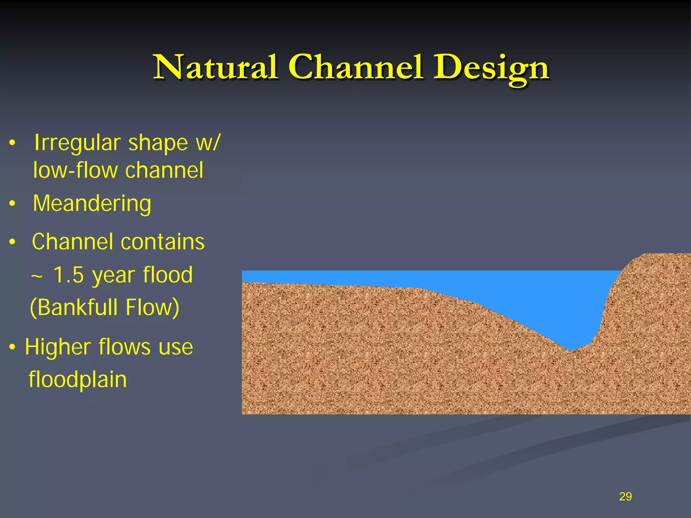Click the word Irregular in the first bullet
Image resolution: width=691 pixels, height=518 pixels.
(77, 143)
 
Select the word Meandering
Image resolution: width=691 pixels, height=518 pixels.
(92, 204)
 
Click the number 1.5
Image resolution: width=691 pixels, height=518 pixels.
(68, 275)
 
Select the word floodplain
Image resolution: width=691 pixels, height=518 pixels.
(78, 380)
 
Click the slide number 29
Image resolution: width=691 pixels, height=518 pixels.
(625, 496)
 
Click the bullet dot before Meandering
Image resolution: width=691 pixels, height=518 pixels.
(12, 204)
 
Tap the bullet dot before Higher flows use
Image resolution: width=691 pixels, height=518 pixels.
(12, 347)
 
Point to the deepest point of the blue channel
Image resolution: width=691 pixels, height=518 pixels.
(570, 350)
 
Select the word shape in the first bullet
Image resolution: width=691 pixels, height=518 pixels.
(158, 143)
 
